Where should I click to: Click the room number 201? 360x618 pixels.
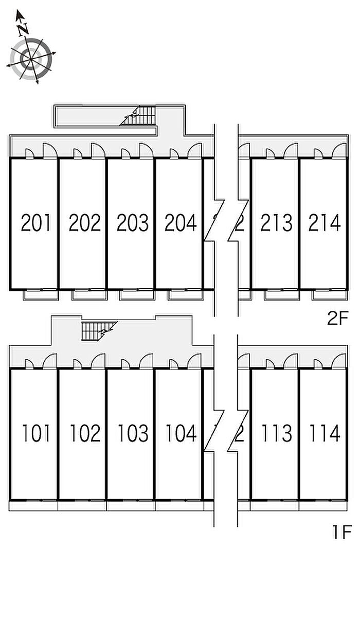coord(35,223)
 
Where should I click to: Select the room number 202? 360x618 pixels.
coord(84,223)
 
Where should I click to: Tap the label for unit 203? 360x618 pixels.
coord(132,223)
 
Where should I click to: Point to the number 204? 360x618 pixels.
coord(180,223)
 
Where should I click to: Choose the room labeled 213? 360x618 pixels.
coord(276,223)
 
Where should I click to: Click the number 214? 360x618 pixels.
coord(324,223)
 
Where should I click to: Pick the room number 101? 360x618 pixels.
coord(35,433)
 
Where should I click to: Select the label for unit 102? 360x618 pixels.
coord(84,433)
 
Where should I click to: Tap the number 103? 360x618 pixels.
coord(132,433)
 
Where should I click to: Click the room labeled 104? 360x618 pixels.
coord(180,433)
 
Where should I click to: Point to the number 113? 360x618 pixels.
coord(276,433)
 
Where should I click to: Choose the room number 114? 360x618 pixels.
coord(324,433)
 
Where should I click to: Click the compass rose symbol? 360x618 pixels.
coord(31,60)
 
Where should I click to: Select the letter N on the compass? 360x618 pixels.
coord(22,30)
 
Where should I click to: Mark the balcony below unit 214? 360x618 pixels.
coord(330,295)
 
